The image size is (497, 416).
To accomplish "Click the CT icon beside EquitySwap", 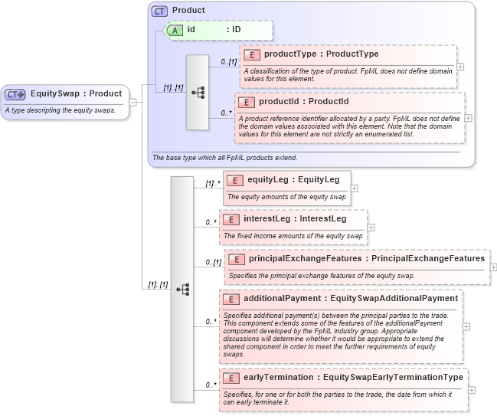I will click(x=15, y=94).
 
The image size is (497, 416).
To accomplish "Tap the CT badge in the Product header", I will click(x=159, y=11).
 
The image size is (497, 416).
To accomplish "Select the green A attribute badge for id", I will click(x=174, y=29).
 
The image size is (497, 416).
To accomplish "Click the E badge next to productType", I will click(x=251, y=54).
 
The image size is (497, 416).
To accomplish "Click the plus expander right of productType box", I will click(x=460, y=66).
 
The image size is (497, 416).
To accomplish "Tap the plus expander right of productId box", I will click(x=468, y=118).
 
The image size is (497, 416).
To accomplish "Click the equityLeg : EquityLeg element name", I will click(x=293, y=180).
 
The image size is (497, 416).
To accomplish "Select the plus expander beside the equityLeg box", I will click(x=355, y=188).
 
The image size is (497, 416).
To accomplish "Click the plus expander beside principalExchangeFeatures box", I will click(x=493, y=267).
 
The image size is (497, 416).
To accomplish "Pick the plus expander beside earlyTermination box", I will click(x=471, y=389).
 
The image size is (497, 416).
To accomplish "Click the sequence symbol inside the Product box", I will click(x=198, y=93).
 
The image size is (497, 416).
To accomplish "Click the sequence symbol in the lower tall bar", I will click(x=182, y=289).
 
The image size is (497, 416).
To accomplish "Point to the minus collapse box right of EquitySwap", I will click(x=133, y=102).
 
